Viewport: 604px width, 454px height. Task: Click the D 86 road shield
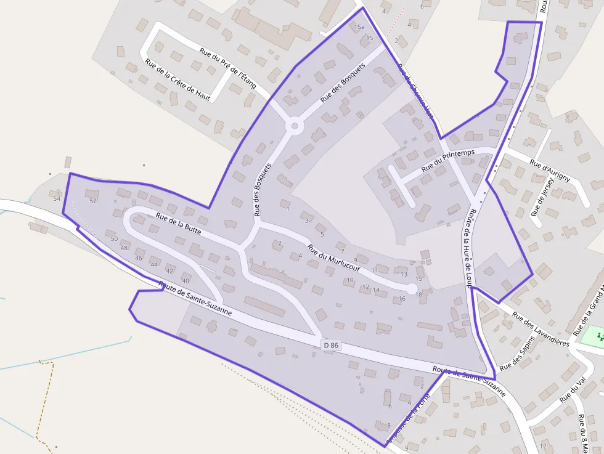(x=331, y=346)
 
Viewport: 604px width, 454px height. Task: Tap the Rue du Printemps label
(x=448, y=161)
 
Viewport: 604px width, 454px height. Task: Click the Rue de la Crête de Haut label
(x=178, y=79)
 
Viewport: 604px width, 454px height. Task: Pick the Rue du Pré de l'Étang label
(x=227, y=68)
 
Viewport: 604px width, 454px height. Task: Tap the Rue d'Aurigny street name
(x=550, y=171)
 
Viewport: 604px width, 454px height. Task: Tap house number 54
(x=57, y=198)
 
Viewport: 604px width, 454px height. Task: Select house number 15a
(x=359, y=27)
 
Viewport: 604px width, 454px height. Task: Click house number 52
(x=94, y=201)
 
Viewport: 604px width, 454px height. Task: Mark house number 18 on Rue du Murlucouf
(x=419, y=294)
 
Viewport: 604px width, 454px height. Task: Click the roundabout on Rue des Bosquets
(x=295, y=127)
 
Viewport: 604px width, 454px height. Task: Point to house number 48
(x=124, y=248)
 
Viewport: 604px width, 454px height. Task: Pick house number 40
(x=185, y=281)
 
